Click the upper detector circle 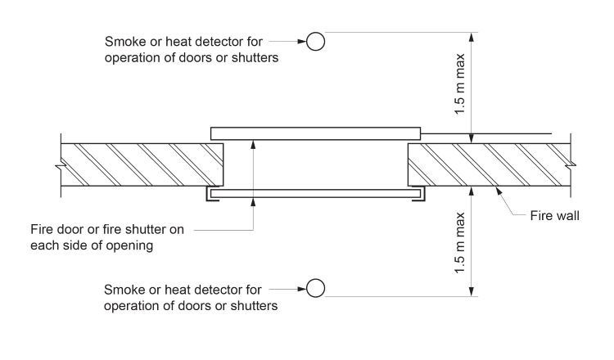pyautogui.click(x=316, y=40)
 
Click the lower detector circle pyautogui.click(x=316, y=287)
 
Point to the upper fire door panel pyautogui.click(x=315, y=133)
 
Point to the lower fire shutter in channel pyautogui.click(x=315, y=194)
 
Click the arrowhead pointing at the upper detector pyautogui.click(x=300, y=40)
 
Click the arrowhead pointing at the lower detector pyautogui.click(x=300, y=287)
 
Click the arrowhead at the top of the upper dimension pyautogui.click(x=472, y=37)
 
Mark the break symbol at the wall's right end pyautogui.click(x=573, y=165)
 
